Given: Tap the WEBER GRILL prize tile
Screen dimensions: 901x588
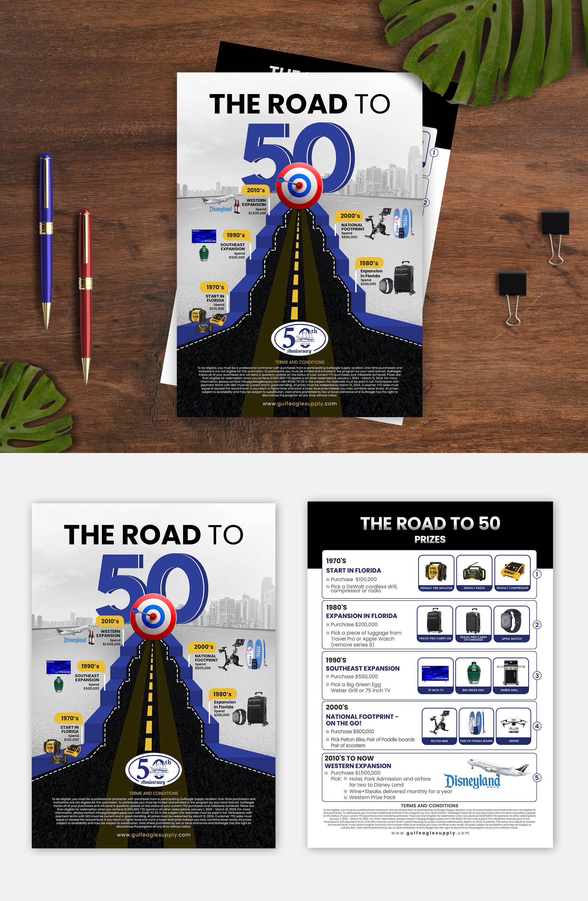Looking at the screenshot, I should tap(509, 675).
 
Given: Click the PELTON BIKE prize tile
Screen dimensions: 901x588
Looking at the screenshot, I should tap(439, 726).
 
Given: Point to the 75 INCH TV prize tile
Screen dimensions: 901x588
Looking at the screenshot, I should tap(435, 675).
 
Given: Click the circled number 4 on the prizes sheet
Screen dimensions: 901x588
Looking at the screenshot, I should tap(537, 726).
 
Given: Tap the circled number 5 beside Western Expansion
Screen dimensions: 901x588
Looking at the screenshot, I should tap(537, 778).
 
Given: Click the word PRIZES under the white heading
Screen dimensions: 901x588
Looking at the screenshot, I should tap(430, 539).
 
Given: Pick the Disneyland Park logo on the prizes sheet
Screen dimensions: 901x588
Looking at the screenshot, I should tap(472, 781).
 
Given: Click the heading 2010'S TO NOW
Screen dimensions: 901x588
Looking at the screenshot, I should tap(349, 758).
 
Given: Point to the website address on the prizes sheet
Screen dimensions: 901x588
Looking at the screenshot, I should tap(430, 833).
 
